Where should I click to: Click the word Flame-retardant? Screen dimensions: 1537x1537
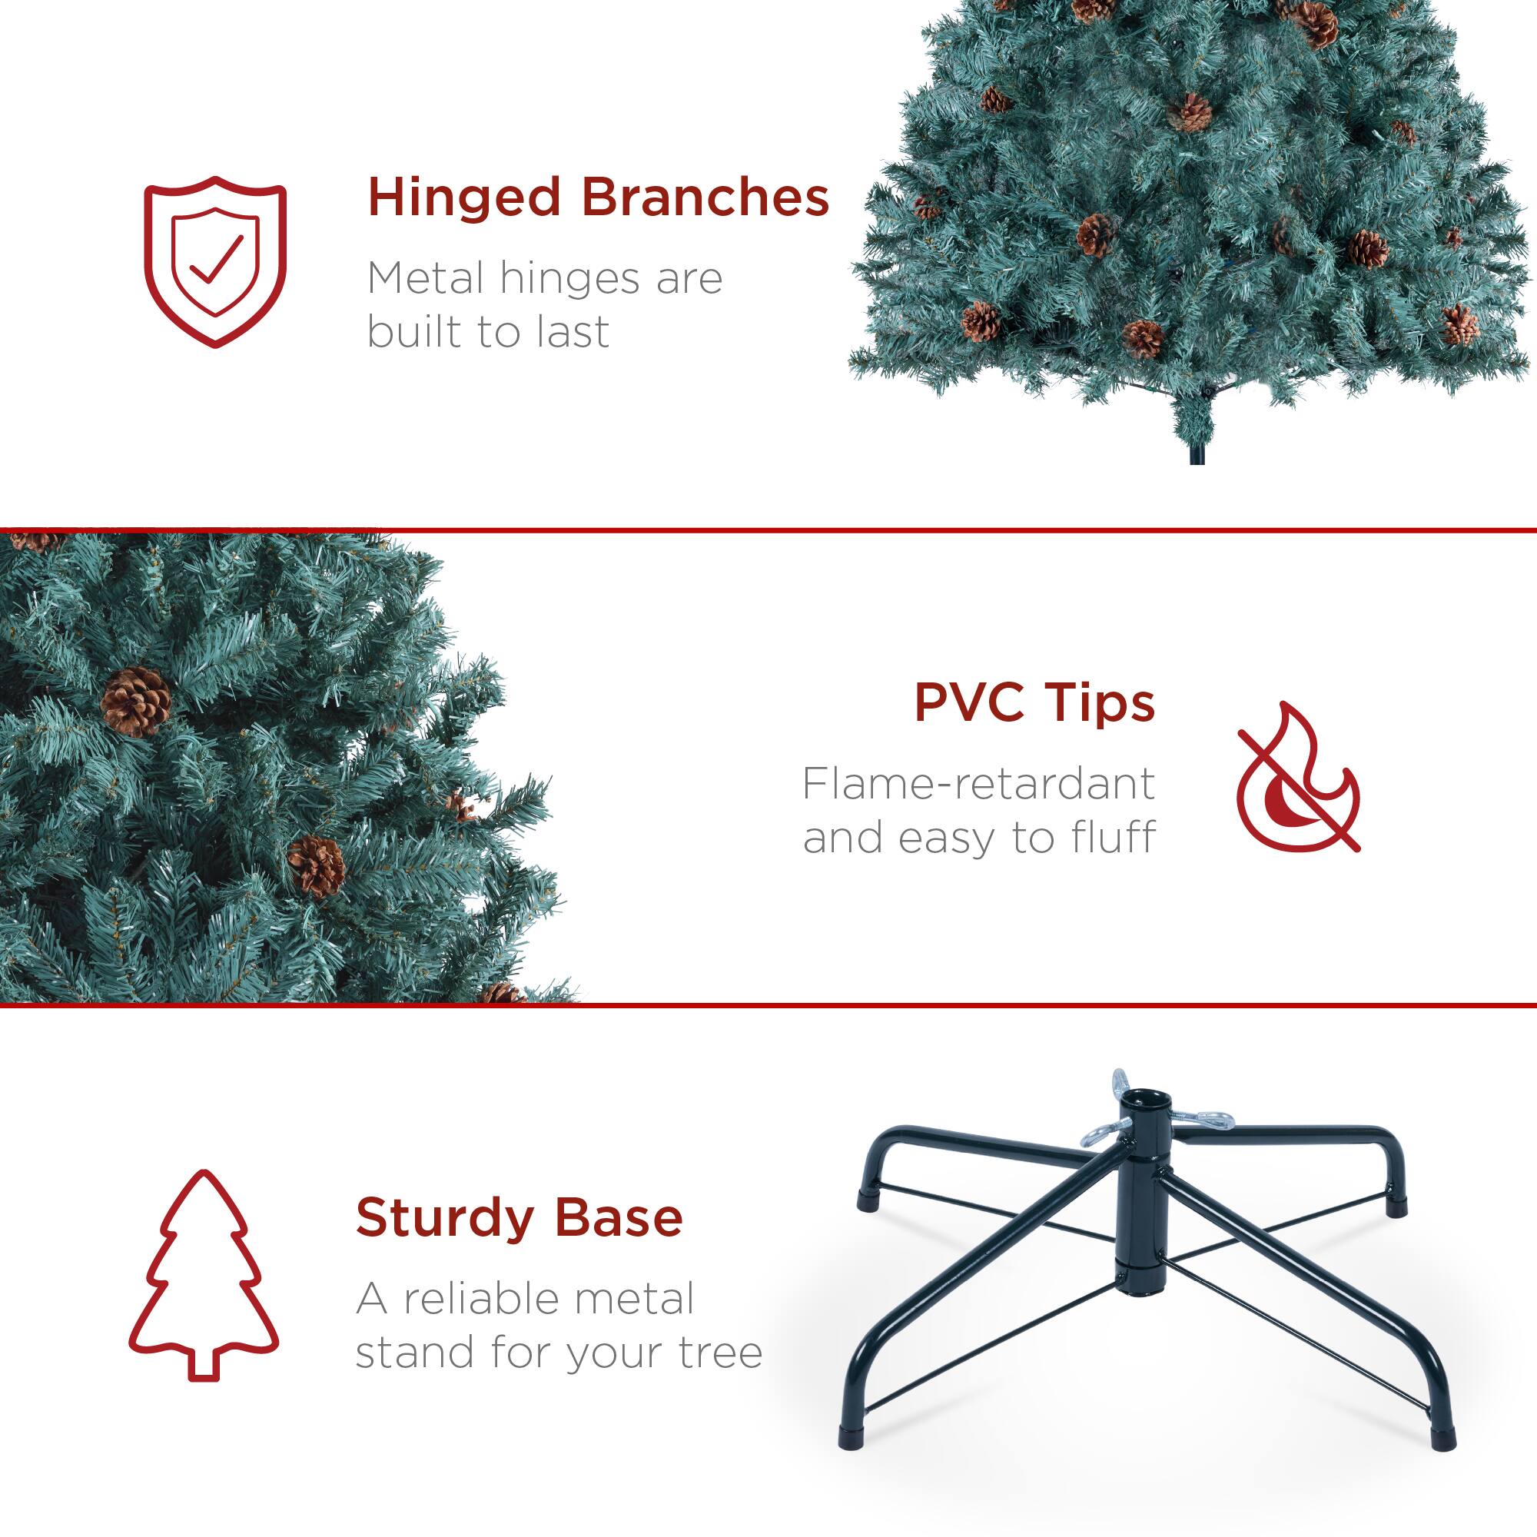978,785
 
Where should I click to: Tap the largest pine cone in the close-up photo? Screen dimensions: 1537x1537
136,701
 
